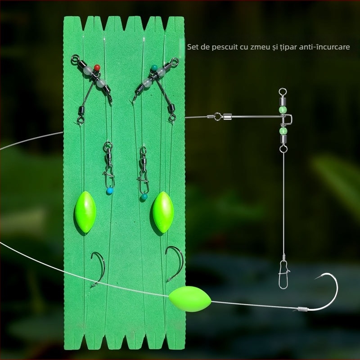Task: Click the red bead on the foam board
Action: [97, 67]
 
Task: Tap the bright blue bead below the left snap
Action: [110, 190]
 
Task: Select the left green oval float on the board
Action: [85, 212]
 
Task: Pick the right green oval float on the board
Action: [163, 212]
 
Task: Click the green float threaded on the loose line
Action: [190, 299]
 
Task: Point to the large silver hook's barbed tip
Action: [316, 279]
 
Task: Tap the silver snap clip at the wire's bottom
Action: [283, 274]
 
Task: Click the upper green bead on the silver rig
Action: [283, 109]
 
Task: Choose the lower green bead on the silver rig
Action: [283, 131]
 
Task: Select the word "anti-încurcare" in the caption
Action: [324, 47]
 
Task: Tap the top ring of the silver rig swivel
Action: [283, 92]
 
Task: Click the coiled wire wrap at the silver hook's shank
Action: [302, 309]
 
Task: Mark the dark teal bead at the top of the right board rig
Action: [154, 67]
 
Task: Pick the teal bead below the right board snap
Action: [144, 197]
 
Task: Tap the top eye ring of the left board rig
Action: [75, 58]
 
